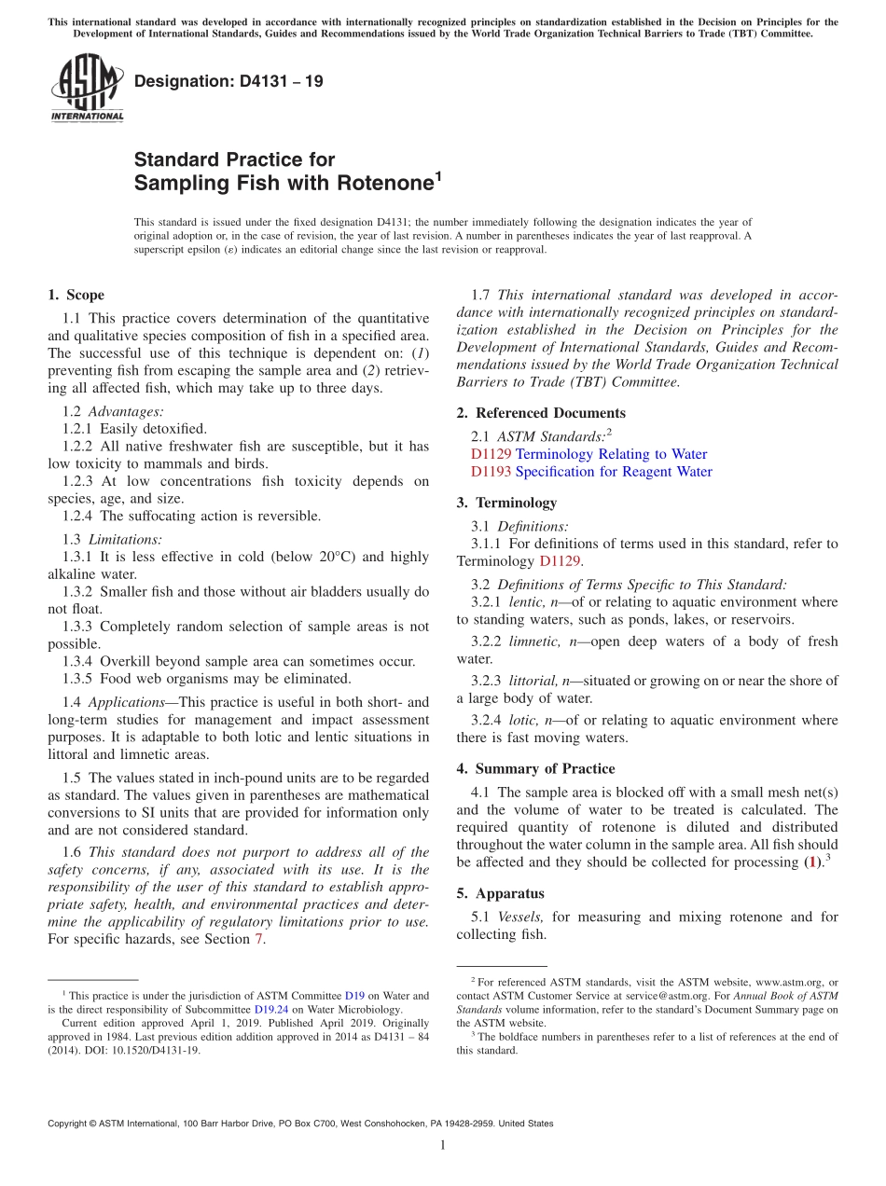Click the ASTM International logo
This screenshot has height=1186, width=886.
87,89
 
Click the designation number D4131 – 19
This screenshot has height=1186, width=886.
228,81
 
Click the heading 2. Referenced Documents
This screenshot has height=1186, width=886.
541,413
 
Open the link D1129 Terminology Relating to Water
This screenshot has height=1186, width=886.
588,454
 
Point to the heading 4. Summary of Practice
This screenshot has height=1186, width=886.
535,769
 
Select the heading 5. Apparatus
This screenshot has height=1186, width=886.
513,893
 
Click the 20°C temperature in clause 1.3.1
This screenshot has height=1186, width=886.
328,557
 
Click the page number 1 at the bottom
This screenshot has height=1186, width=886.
443,1145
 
